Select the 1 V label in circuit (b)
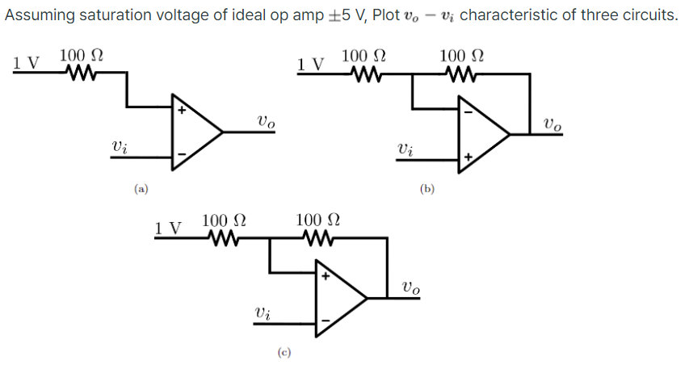pos(311,63)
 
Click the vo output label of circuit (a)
pos(266,122)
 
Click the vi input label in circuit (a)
pos(119,147)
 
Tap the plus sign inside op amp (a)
pos(182,111)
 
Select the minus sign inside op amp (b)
pos(468,111)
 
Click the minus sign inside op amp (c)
pos(326,321)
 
